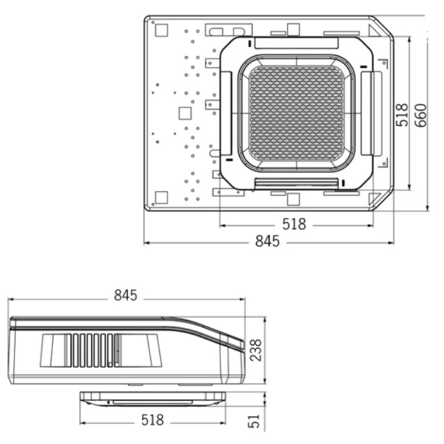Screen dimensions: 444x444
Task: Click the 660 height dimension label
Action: tap(421, 115)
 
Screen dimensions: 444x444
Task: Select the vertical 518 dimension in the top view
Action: tap(402, 115)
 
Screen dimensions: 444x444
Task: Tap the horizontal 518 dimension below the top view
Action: tap(294, 224)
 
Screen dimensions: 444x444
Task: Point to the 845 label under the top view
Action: tap(268, 241)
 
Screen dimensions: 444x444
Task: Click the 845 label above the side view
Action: tap(125, 295)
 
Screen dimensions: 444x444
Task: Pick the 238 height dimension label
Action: tap(256, 350)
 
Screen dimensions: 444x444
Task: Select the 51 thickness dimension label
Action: tap(254, 421)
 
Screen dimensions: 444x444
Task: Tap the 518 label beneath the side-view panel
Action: tap(153, 420)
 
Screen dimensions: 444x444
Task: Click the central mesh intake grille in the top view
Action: tap(296, 113)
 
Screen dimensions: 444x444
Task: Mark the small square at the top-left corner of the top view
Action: tap(162, 31)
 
